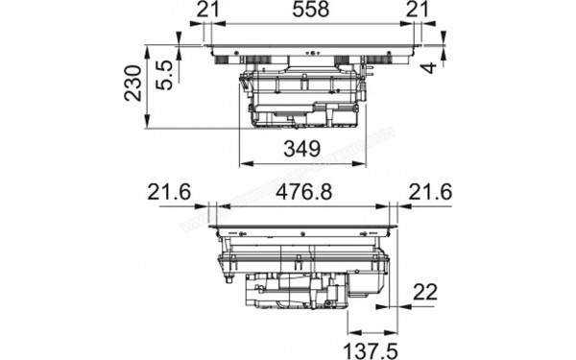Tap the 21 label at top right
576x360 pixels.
tap(415, 12)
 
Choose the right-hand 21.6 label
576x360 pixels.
tap(429, 192)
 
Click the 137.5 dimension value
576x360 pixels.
tap(368, 343)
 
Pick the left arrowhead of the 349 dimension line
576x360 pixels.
tap(242, 164)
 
